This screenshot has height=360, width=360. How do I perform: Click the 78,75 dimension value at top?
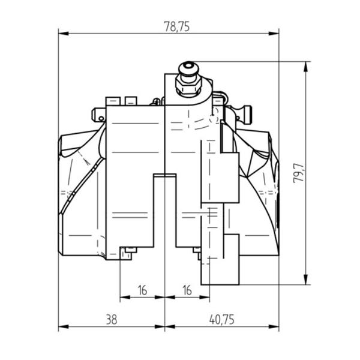(176, 26)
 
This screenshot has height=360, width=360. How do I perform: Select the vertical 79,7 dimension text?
(298, 173)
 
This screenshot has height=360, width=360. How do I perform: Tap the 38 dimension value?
(112, 319)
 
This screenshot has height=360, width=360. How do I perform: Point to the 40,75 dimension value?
(222, 319)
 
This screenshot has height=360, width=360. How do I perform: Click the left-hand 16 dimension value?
(142, 290)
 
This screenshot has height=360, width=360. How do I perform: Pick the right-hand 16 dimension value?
(187, 290)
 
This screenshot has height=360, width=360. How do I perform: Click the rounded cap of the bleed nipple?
(188, 67)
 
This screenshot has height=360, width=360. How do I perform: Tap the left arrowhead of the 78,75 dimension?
(64, 34)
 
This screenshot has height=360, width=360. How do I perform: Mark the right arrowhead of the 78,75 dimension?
(274, 34)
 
